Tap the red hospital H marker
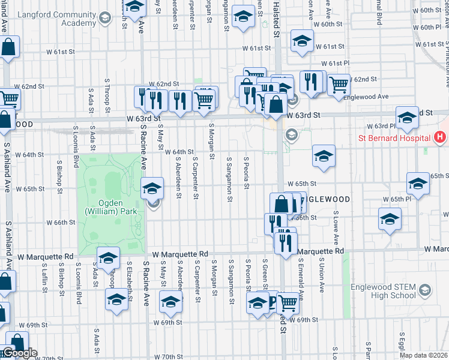pos(441,137)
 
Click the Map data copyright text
pos(424,355)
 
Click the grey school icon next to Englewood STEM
pos(424,291)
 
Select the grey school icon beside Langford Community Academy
pos(104,18)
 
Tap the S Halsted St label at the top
pos(276,17)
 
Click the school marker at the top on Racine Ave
pos(135,7)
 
